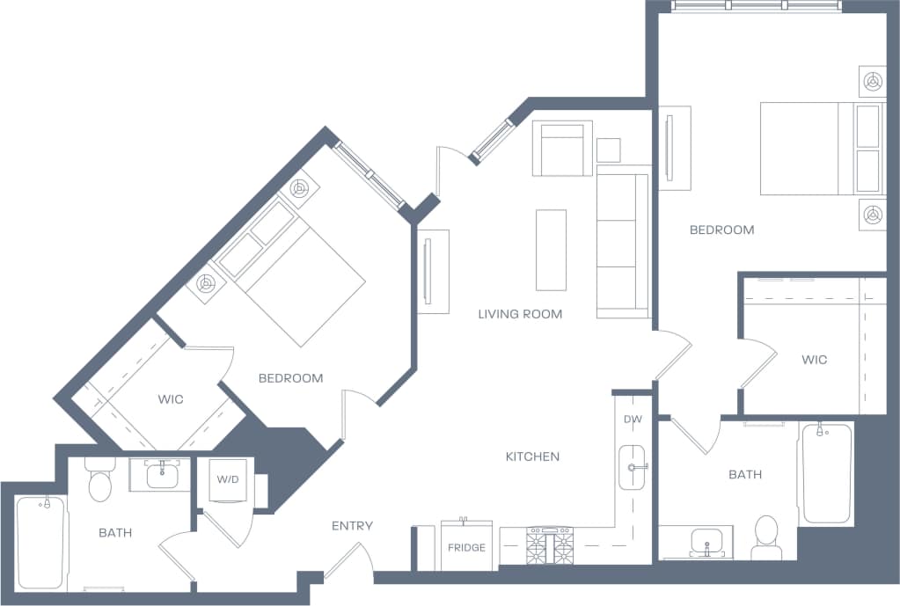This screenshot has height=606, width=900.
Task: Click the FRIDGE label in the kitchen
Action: point(466,547)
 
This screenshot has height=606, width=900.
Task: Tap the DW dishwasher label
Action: point(633,420)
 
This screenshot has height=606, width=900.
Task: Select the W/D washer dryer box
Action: point(227,479)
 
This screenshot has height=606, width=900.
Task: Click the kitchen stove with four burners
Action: point(549,546)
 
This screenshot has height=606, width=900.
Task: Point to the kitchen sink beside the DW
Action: point(633,467)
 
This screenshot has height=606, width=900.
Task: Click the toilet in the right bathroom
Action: point(766,536)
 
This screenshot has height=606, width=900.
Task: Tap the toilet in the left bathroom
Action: point(99,481)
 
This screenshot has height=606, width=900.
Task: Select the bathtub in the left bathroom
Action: point(40,541)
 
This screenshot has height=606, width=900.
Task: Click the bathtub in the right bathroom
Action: point(825,473)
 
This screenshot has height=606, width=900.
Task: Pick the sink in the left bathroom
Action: point(161,475)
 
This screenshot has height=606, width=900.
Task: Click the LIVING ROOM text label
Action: point(520,314)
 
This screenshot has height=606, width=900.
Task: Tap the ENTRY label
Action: point(352,526)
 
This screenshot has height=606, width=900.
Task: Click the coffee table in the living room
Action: point(552,250)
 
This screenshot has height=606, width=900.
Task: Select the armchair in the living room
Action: point(562,149)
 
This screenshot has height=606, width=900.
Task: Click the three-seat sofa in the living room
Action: point(623,242)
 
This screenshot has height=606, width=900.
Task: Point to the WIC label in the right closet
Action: point(814,360)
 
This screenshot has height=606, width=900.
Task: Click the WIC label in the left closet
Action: point(171,399)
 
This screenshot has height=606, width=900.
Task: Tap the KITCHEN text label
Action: point(532,456)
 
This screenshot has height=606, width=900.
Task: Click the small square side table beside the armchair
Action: point(608,150)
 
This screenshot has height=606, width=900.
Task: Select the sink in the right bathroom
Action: point(706,539)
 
